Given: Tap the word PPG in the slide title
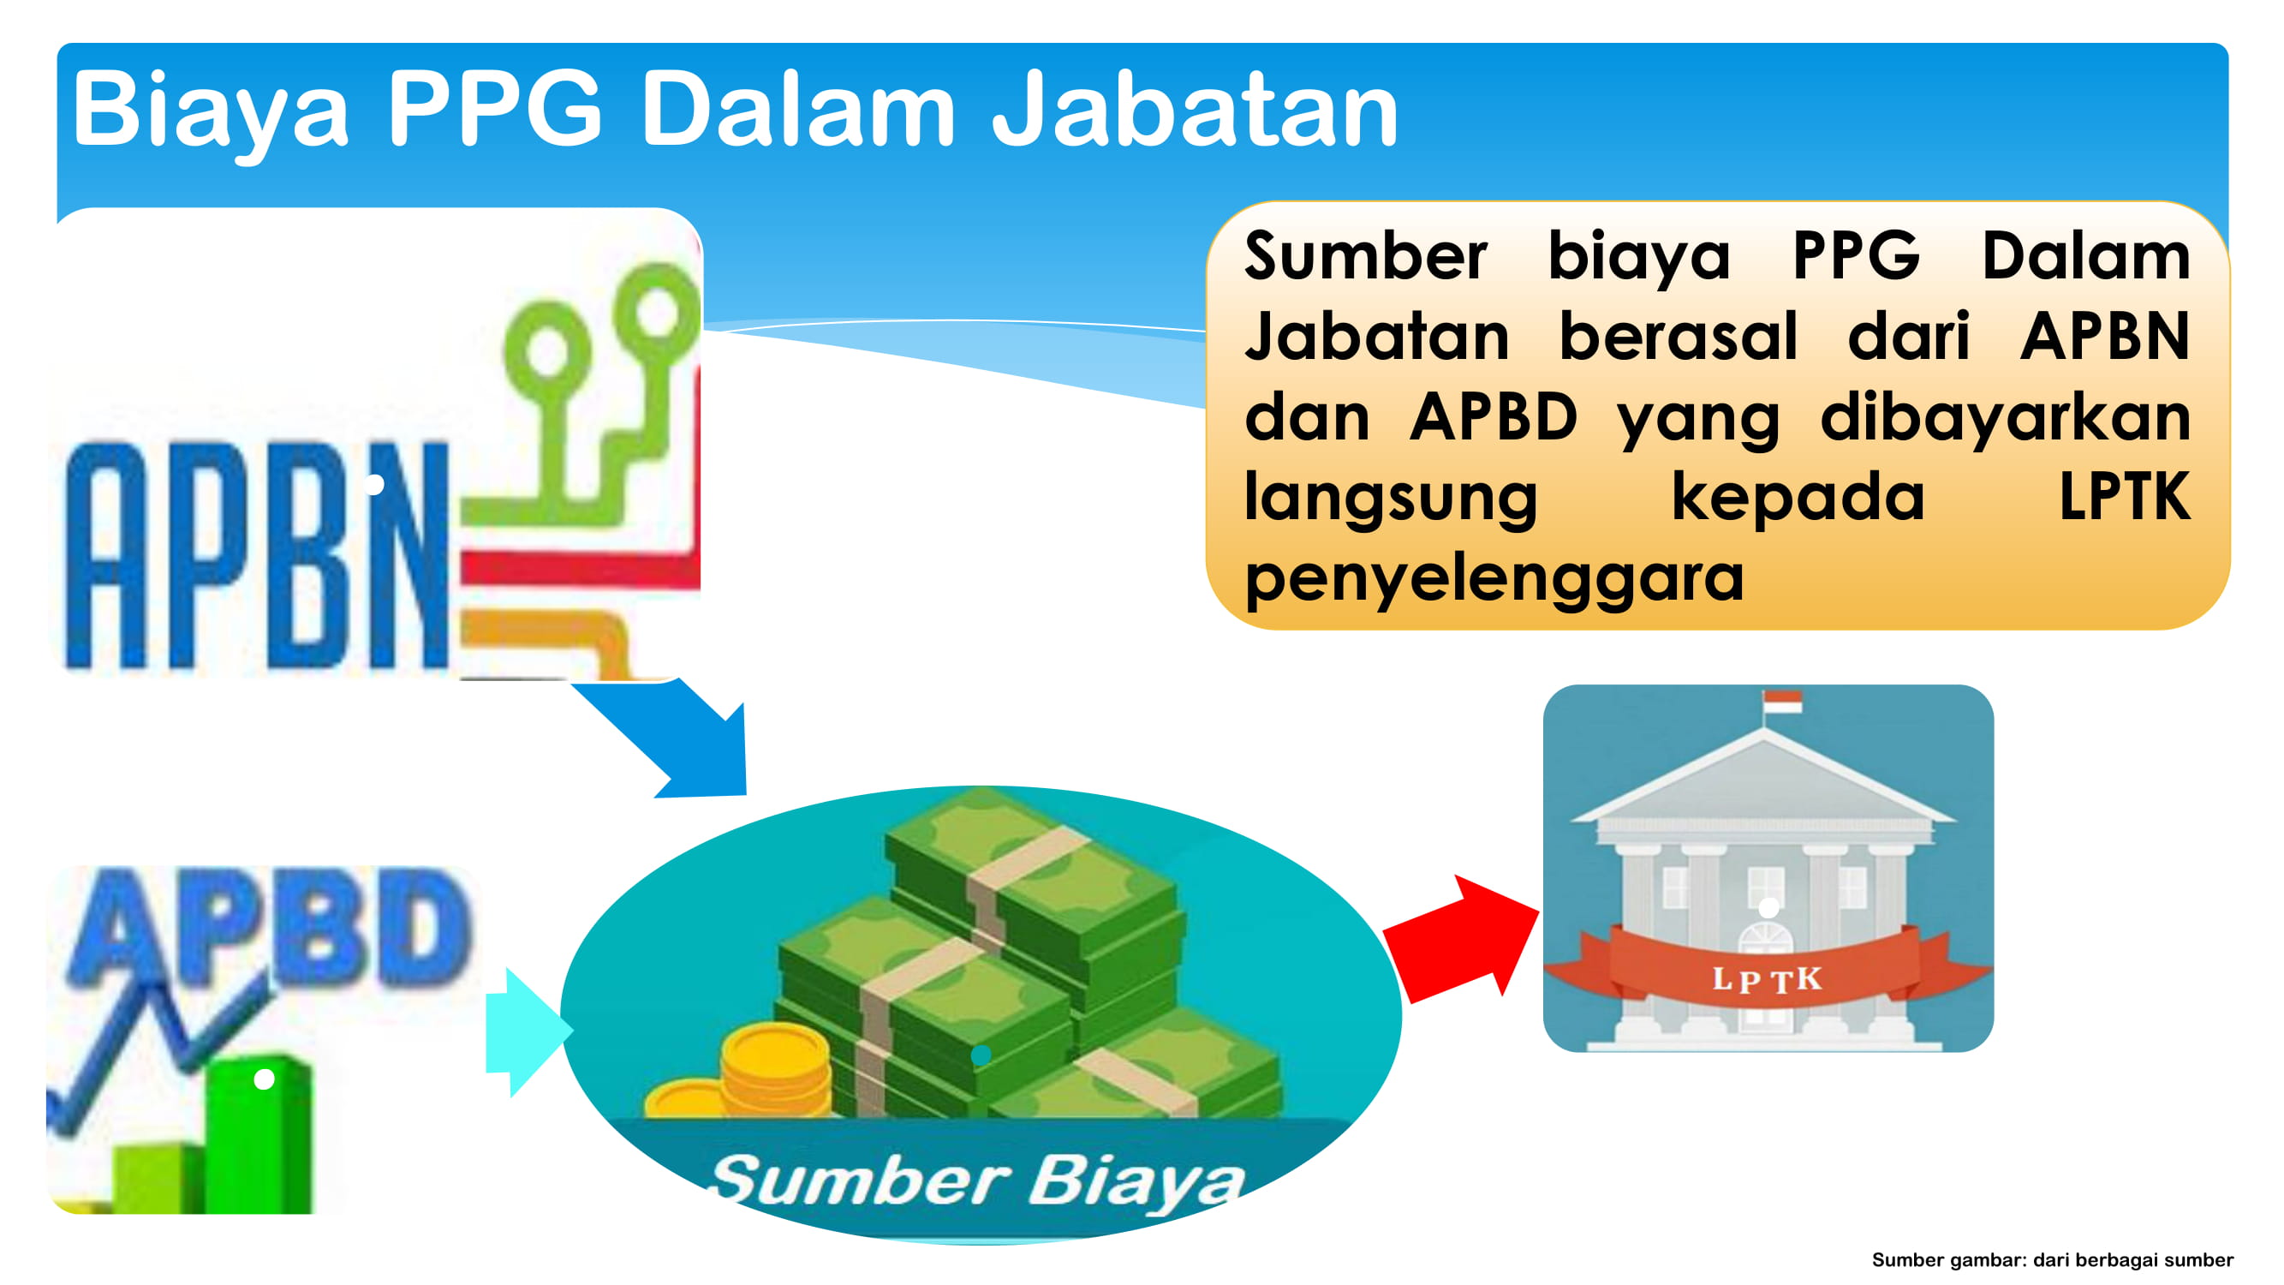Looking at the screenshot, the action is pyautogui.click(x=496, y=110).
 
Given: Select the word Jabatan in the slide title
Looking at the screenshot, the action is pyautogui.click(x=1195, y=110).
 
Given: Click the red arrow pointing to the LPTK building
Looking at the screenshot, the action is pyautogui.click(x=1459, y=938).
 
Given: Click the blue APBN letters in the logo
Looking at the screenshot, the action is pyautogui.click(x=257, y=555).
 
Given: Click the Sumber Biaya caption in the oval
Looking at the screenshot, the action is pyautogui.click(x=978, y=1181).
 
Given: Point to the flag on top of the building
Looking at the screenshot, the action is pyautogui.click(x=1782, y=702).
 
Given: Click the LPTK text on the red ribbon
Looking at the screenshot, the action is pyautogui.click(x=1766, y=980).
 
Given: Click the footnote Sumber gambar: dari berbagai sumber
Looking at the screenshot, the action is pyautogui.click(x=2052, y=1260).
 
